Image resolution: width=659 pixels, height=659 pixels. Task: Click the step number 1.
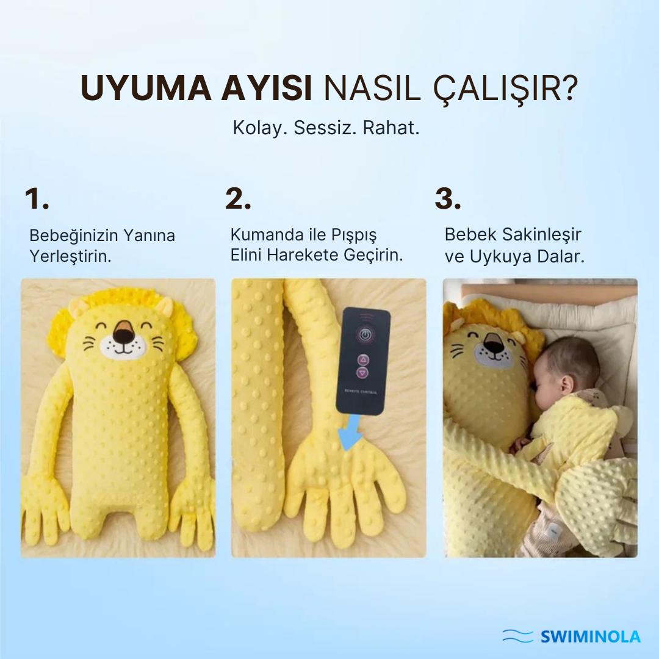click(x=37, y=199)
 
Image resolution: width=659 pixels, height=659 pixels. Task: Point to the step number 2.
click(x=238, y=199)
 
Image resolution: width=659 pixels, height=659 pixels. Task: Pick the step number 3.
click(x=448, y=199)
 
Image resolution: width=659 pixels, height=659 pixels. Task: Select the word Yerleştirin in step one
click(x=70, y=256)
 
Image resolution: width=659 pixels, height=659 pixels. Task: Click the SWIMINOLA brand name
click(x=591, y=637)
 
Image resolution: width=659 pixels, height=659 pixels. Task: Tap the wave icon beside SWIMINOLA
click(x=518, y=636)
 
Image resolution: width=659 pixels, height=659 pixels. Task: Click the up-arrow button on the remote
click(x=363, y=359)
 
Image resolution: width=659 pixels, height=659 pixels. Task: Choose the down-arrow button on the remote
click(x=363, y=372)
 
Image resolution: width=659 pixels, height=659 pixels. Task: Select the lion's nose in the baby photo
click(x=494, y=348)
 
